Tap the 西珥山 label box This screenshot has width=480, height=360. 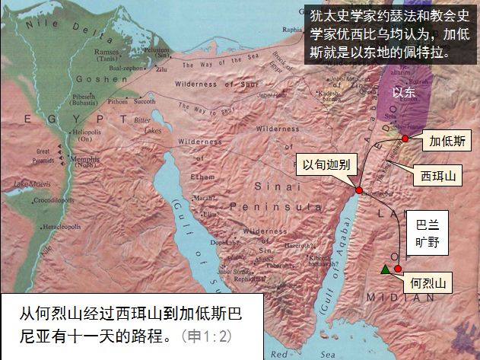(438, 176)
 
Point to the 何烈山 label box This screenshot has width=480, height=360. (427, 284)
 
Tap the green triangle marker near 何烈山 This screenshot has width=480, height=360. (386, 269)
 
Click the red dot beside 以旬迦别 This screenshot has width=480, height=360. (358, 190)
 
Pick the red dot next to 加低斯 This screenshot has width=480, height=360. (406, 138)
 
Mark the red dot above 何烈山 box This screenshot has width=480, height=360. (397, 268)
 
